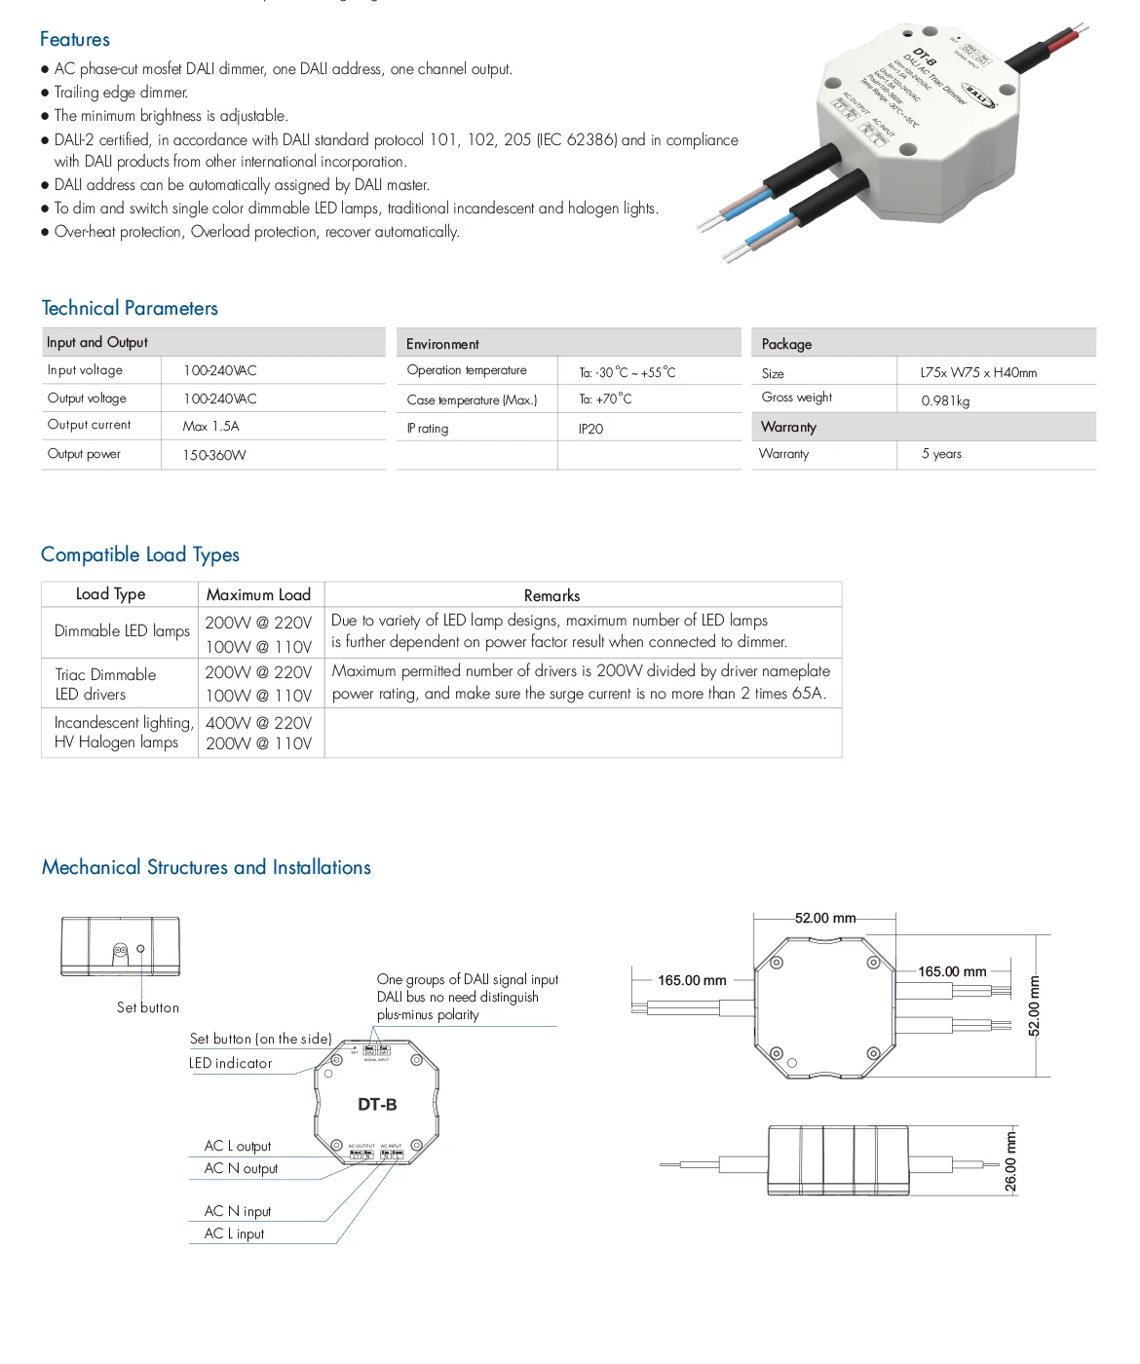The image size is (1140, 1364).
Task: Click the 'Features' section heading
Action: pos(75,40)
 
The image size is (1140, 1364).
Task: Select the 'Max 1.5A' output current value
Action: pos(210,427)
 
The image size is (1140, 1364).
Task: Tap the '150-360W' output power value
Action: pos(214,455)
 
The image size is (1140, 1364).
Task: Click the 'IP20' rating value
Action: pos(590,429)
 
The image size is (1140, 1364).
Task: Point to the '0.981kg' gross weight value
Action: pos(945,400)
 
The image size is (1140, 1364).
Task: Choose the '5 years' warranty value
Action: pos(941,454)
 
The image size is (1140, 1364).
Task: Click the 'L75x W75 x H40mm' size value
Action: pos(978,373)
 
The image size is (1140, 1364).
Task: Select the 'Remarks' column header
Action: pos(551,595)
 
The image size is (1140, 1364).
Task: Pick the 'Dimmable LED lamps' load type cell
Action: pos(122,631)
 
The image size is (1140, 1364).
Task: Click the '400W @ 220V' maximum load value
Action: pos(258,723)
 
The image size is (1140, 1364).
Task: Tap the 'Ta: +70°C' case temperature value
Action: pos(605,399)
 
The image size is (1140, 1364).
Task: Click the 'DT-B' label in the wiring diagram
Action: pos(377,1105)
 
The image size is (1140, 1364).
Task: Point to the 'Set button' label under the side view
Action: pos(148,1008)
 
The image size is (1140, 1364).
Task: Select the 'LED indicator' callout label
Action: pos(231,1064)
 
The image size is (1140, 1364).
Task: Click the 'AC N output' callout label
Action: pos(241,1169)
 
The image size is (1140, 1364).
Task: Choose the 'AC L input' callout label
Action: pos(234,1234)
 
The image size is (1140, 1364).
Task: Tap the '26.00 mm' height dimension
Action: pos(1010,1162)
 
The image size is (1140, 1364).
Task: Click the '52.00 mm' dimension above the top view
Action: pos(824,919)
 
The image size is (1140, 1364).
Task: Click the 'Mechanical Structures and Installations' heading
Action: pos(207,868)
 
